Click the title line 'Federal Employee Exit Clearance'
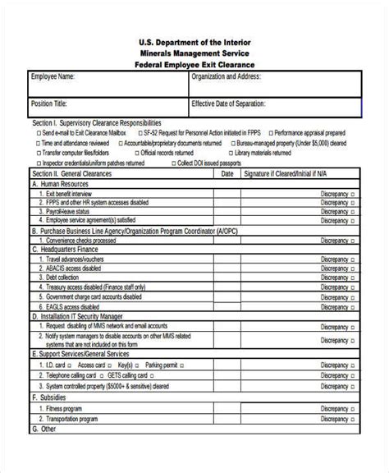(194, 64)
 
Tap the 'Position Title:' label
(50, 104)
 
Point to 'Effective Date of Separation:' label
(232, 104)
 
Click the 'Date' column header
(227, 174)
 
